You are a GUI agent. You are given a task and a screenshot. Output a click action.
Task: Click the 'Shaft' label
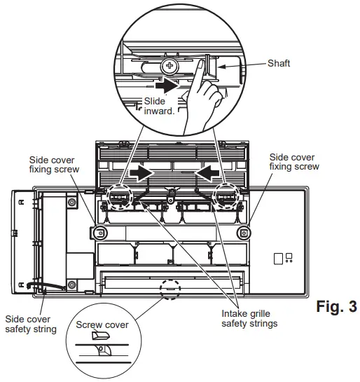(x=278, y=64)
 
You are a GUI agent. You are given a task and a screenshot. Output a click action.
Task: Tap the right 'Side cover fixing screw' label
(x=294, y=162)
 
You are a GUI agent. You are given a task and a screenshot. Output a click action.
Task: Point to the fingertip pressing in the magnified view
(x=200, y=68)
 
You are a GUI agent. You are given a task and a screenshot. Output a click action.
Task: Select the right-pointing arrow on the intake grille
(x=143, y=172)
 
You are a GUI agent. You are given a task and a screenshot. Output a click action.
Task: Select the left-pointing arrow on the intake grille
(x=208, y=172)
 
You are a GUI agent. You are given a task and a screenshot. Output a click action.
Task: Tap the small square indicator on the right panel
(x=279, y=258)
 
